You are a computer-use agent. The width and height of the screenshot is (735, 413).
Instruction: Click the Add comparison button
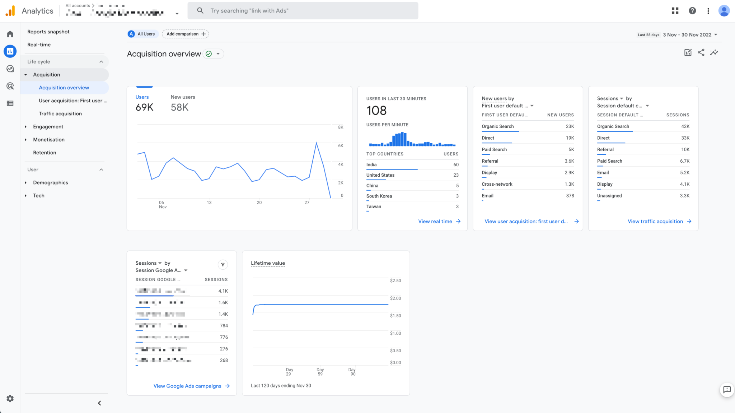click(x=186, y=34)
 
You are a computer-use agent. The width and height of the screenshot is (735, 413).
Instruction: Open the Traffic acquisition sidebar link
click(x=60, y=114)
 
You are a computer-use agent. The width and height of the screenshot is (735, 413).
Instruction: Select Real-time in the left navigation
click(x=39, y=45)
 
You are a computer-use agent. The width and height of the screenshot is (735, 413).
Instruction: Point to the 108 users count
click(x=376, y=111)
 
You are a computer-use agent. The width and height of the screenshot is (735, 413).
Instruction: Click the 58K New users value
click(x=179, y=107)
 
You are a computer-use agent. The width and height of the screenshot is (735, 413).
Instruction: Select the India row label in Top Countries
click(x=371, y=165)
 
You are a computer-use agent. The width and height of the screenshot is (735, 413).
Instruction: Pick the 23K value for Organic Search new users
click(x=570, y=126)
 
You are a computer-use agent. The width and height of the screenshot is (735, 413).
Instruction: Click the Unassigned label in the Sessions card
click(x=609, y=196)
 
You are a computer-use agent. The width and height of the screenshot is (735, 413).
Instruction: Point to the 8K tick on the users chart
click(x=341, y=127)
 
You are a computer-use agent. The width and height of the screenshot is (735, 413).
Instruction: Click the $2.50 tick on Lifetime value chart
click(x=395, y=281)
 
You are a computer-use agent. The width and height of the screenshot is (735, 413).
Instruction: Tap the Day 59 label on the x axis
click(x=320, y=372)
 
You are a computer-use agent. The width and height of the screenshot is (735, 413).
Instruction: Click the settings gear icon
click(x=10, y=399)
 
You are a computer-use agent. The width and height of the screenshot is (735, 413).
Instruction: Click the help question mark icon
click(x=692, y=11)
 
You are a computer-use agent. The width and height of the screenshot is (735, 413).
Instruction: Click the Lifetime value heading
click(x=268, y=263)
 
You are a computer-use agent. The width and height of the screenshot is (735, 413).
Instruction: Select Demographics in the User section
click(x=50, y=183)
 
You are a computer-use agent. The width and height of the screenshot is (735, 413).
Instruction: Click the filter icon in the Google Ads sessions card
click(x=223, y=265)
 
